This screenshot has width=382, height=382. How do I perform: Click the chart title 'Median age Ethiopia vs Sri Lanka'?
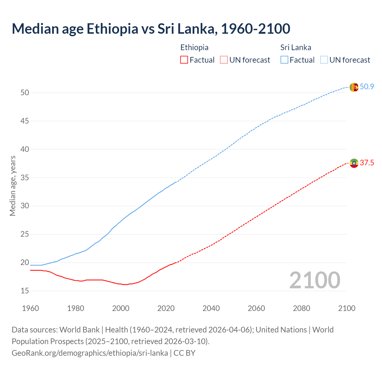tap(151, 29)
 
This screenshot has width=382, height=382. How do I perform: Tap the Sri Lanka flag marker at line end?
tap(354, 87)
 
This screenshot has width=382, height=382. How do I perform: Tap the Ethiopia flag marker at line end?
tap(354, 163)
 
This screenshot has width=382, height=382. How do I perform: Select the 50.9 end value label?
tap(367, 87)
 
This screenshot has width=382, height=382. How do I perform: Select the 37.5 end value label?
tap(367, 163)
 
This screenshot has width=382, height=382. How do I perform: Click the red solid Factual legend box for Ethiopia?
tap(184, 60)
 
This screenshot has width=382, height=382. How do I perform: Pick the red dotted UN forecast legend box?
tap(224, 60)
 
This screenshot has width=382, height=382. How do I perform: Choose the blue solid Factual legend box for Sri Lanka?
tap(284, 60)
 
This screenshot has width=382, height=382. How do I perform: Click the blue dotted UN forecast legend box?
tap(324, 60)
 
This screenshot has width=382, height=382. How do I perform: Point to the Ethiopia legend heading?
tap(194, 47)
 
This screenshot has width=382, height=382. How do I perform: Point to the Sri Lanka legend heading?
tap(295, 47)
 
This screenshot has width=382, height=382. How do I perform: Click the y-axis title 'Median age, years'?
tap(13, 186)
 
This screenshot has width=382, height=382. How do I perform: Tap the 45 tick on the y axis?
tap(25, 121)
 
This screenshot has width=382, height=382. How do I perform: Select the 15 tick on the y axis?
tap(25, 291)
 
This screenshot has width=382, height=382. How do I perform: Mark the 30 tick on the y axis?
tap(25, 206)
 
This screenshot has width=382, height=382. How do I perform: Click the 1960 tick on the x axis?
tap(30, 308)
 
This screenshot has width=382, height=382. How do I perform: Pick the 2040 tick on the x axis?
tap(211, 308)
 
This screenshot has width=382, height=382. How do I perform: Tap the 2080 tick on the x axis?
tap(301, 308)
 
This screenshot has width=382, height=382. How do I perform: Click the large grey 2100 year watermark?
tap(315, 280)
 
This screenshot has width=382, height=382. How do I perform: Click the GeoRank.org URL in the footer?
tap(90, 353)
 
